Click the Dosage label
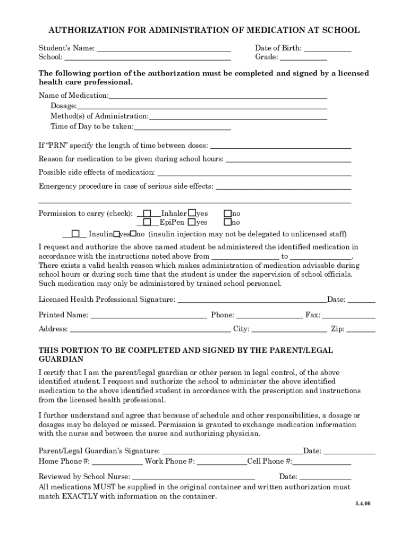pos(63,106)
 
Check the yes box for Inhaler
pos(192,213)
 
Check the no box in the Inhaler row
pos(227,213)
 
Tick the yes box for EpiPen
pos(192,222)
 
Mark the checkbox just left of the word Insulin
pos(76,233)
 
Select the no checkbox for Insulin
pos(133,233)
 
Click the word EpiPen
pos(172,223)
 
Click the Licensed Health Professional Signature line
pos(251,300)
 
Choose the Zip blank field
pos(361,329)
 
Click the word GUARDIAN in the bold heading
pos(61,360)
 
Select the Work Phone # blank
pos(221,461)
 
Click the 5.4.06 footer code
pos(363,504)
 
